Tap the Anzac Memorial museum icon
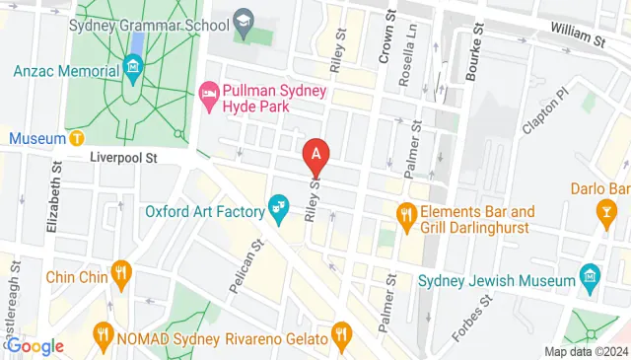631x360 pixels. pyautogui.click(x=133, y=68)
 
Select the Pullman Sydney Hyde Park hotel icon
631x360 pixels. pyautogui.click(x=208, y=95)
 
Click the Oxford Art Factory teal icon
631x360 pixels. pyautogui.click(x=279, y=208)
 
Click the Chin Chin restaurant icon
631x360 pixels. pyautogui.click(x=121, y=272)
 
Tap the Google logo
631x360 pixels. pyautogui.click(x=35, y=345)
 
